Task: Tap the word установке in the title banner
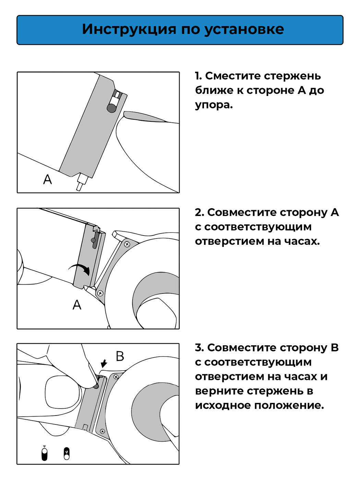pos(244,29)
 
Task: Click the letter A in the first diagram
pos(48,179)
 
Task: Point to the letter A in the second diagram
pos(77,305)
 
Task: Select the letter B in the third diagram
pos(120,356)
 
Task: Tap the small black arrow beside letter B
pos(104,363)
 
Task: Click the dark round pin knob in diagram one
pos(111,108)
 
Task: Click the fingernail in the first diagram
pos(144,116)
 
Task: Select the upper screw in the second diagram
pos(127,244)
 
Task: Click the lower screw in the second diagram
pos(100,293)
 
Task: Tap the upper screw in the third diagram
pos(116,377)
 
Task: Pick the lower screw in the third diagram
pos(102,431)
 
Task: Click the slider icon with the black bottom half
pos(44,454)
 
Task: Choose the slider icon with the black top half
pos(67,454)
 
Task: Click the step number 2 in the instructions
pos(199,213)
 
